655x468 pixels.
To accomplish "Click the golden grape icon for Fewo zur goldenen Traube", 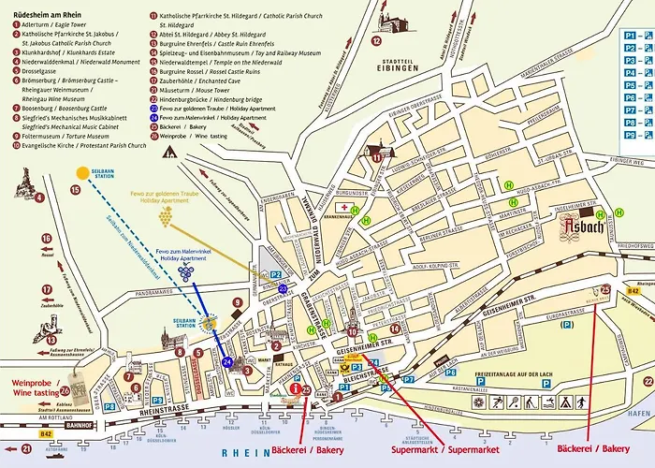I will pos(166,217).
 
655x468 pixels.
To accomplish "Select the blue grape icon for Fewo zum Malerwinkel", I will pos(185,271).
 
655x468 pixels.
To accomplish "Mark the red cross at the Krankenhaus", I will pos(343,207).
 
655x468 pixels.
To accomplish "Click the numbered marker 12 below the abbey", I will pos(376,42).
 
